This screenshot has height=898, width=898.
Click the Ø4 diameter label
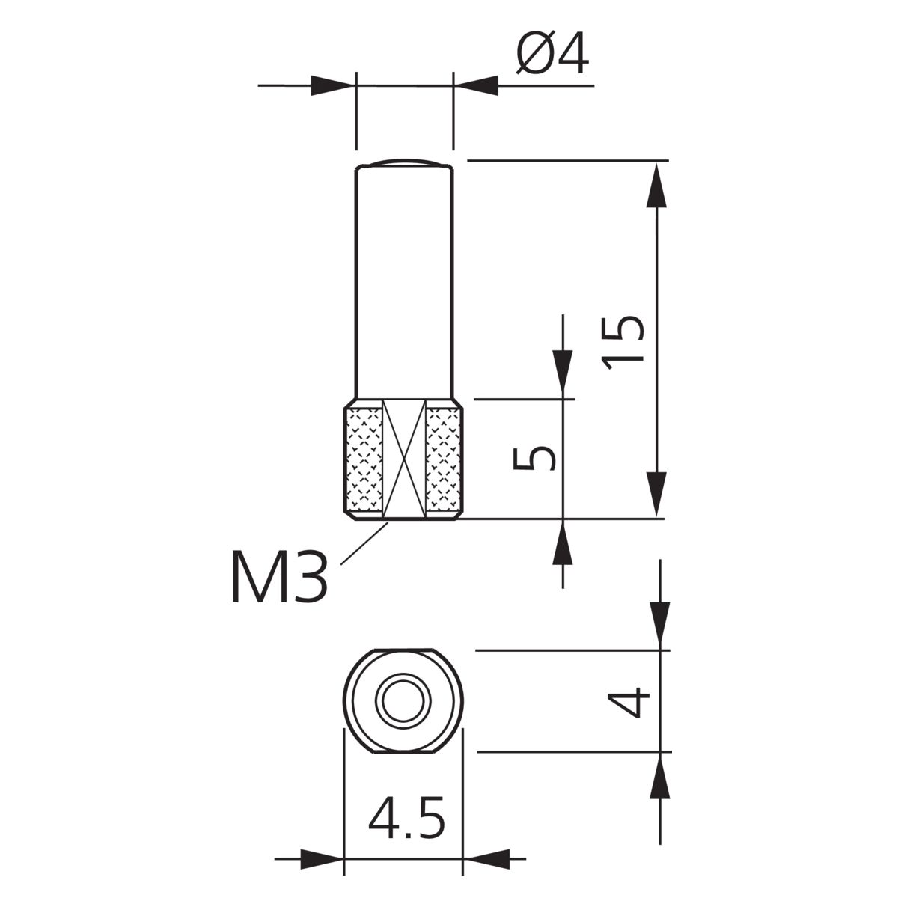552,52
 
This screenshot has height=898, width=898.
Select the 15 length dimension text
623,343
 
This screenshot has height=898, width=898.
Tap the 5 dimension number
534,458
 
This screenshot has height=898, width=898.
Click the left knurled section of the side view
364,459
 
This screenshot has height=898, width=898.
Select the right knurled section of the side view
445,459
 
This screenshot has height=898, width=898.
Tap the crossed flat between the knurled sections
404,459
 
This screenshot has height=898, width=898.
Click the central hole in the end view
403,701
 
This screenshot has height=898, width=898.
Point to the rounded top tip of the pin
403,162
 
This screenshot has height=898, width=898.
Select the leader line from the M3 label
364,543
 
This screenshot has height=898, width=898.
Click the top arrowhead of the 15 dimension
656,186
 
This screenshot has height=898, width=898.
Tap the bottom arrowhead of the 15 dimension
656,494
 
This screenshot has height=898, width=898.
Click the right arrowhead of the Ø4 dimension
475,86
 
